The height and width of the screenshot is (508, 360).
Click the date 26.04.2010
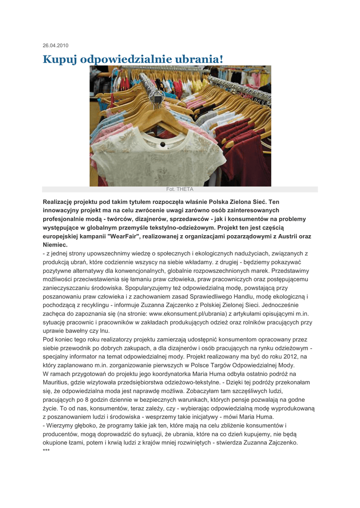coord(55,46)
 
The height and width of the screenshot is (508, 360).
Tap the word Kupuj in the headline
coord(60,59)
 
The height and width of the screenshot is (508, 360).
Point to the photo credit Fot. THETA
coord(180,189)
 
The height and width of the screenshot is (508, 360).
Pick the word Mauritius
coord(59,382)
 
